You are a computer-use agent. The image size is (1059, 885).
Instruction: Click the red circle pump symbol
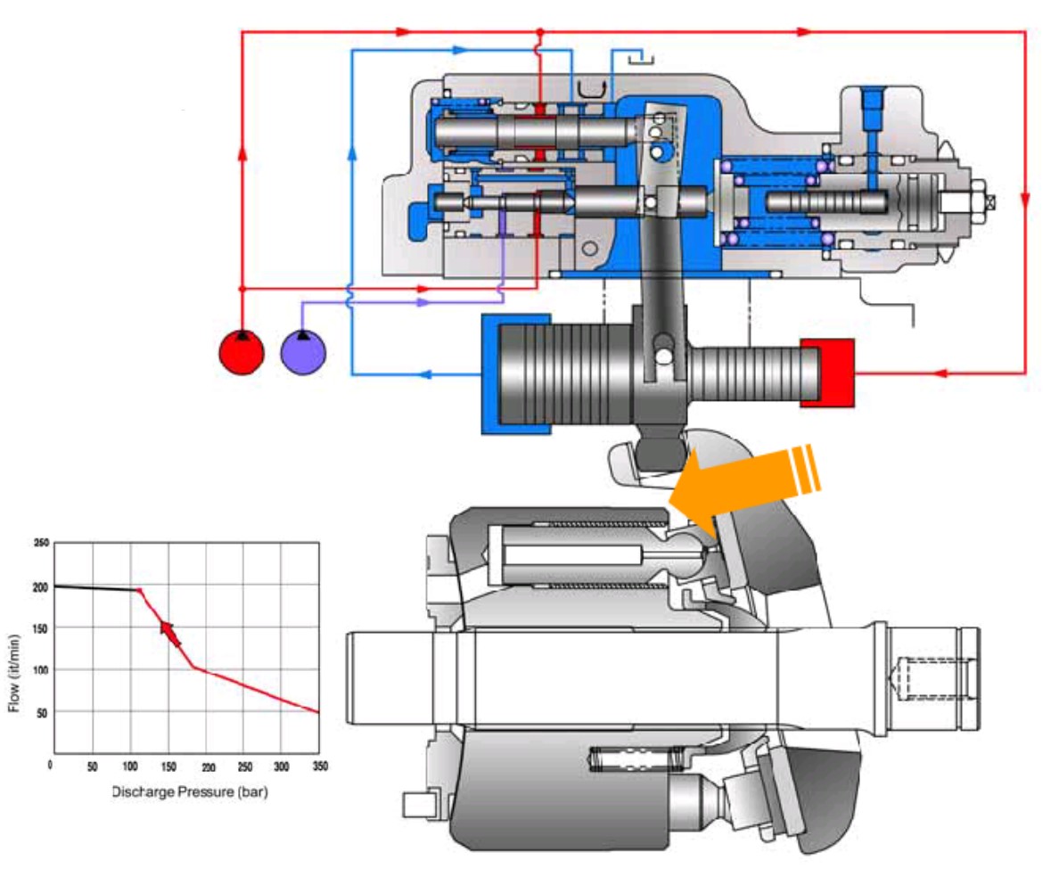[242, 352]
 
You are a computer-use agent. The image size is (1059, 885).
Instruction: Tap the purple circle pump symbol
[303, 352]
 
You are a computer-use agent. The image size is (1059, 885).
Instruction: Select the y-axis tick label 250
[41, 543]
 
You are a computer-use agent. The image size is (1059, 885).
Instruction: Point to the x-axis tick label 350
[320, 766]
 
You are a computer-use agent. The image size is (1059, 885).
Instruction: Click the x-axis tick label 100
[129, 766]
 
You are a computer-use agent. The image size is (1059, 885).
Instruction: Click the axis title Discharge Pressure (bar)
[190, 791]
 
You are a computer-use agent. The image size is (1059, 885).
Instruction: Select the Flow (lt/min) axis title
[13, 673]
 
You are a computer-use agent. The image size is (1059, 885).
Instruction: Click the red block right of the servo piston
[828, 373]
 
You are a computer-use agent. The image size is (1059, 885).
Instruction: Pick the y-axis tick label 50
[42, 713]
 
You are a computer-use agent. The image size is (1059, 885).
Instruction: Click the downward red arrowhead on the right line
[1024, 200]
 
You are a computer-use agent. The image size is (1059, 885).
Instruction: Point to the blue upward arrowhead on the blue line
[352, 152]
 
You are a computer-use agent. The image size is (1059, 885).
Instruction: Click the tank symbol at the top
[640, 60]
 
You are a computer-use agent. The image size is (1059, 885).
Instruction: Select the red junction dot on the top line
[539, 32]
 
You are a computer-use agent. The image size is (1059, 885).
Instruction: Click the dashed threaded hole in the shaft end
[932, 678]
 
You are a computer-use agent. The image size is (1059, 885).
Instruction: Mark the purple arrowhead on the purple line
[423, 303]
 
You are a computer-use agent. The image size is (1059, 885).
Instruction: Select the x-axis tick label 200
[208, 766]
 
